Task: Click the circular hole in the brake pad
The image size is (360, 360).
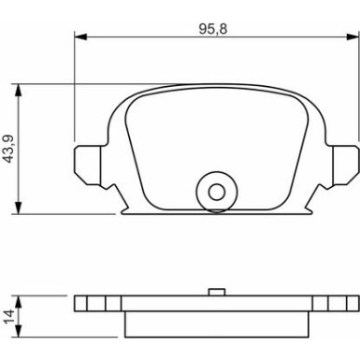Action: pos(217,192)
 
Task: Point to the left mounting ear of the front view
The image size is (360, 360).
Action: pos(85,164)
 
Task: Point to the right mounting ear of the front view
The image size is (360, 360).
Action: pos(347,164)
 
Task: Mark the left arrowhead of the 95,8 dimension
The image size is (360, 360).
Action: pos(79,36)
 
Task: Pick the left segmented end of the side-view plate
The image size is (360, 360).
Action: pos(94,305)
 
